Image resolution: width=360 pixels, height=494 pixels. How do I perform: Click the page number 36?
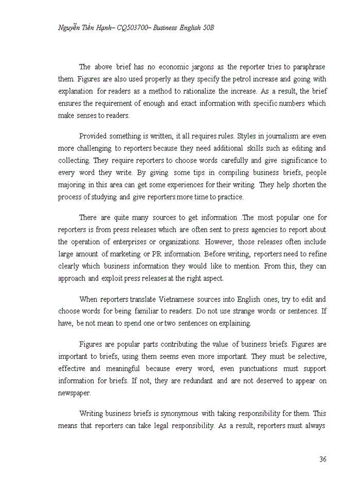pos(322,460)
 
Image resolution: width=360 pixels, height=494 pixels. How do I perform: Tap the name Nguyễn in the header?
pos(70,27)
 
